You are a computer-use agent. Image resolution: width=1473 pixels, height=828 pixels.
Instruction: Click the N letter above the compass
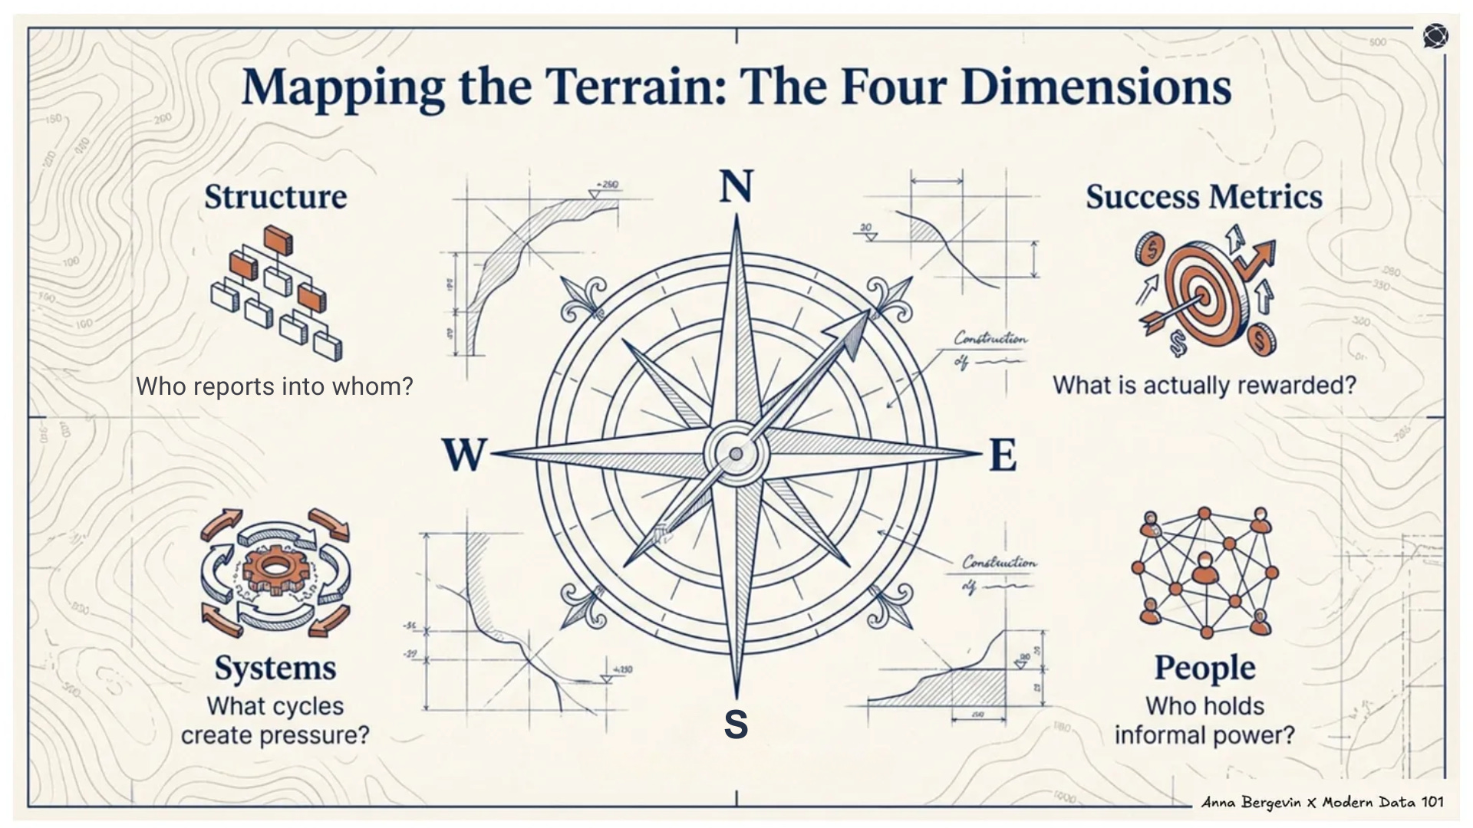pyautogui.click(x=736, y=186)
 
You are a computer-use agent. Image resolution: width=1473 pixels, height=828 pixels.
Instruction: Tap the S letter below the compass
pyautogui.click(x=736, y=724)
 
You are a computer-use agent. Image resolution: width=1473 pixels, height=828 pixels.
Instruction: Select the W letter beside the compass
pyautogui.click(x=464, y=455)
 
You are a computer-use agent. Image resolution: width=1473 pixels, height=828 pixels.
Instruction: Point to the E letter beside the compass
pyautogui.click(x=1003, y=455)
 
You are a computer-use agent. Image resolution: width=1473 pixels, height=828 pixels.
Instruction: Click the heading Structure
pyautogui.click(x=275, y=196)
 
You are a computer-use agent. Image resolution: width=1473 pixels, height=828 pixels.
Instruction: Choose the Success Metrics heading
pyautogui.click(x=1204, y=196)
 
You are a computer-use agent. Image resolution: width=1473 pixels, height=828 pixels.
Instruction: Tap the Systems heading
pyautogui.click(x=275, y=668)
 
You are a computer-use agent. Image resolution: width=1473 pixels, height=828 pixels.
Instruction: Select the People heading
pyautogui.click(x=1204, y=668)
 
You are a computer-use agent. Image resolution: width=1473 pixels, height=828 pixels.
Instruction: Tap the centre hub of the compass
pyautogui.click(x=736, y=454)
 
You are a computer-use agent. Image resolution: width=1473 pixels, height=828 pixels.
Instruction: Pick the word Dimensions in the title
pyautogui.click(x=1096, y=86)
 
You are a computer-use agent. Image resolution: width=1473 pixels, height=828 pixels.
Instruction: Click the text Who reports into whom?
pyautogui.click(x=275, y=386)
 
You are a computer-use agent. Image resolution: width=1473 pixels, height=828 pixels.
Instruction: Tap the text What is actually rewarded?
pyautogui.click(x=1204, y=385)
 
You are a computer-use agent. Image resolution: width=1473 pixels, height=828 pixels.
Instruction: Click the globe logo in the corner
pyautogui.click(x=1435, y=36)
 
